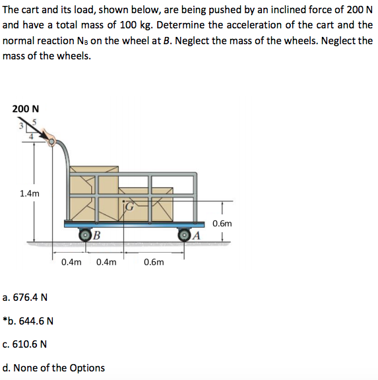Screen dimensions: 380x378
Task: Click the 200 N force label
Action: (24, 108)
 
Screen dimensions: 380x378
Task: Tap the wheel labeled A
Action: (185, 236)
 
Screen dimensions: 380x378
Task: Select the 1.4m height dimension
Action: (30, 193)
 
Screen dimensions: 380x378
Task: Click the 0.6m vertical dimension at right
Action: (222, 224)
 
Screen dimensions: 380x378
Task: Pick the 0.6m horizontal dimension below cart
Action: (154, 262)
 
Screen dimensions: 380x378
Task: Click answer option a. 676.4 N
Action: (25, 297)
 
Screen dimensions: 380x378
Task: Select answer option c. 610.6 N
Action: (24, 344)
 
